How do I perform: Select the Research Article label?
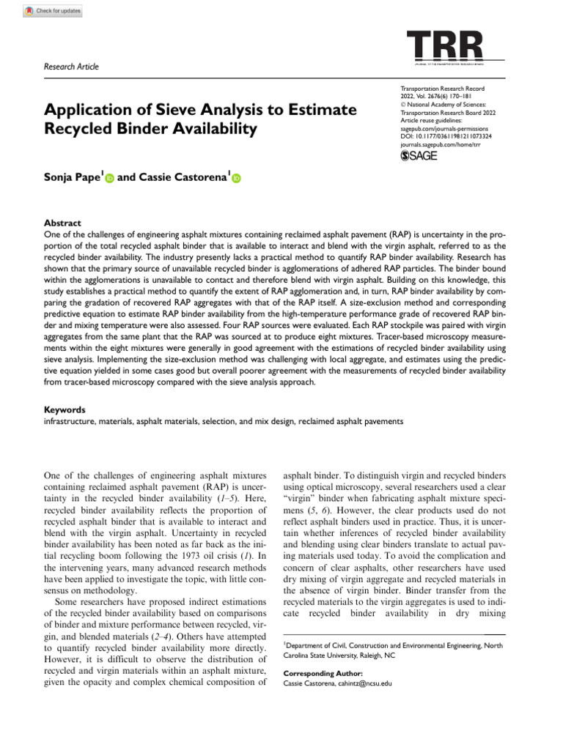pyautogui.click(x=72, y=67)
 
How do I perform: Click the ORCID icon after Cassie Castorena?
pyautogui.click(x=236, y=178)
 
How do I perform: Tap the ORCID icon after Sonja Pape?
pyautogui.click(x=109, y=178)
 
